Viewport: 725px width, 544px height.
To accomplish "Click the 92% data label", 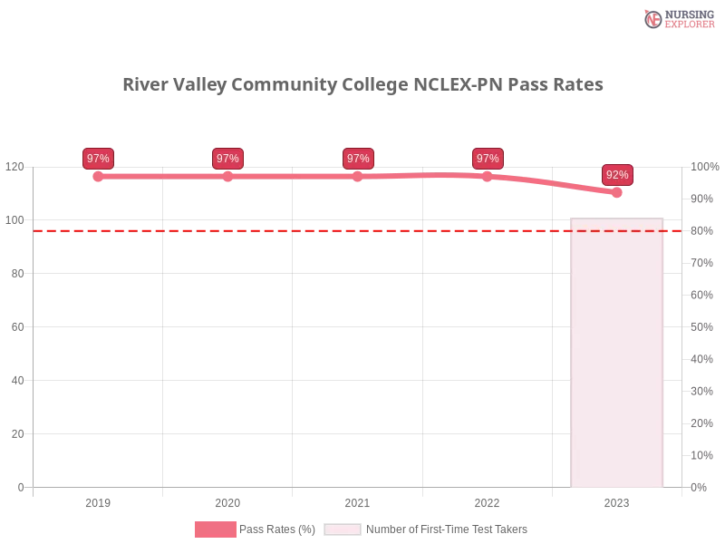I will point(617,174).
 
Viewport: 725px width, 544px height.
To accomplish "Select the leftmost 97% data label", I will point(98,159).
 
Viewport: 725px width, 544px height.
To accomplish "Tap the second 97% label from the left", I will point(227,159).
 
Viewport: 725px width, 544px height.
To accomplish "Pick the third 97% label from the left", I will point(358,159).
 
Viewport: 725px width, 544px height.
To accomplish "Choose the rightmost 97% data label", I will point(488,159).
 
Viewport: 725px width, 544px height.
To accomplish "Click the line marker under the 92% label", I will point(617,192).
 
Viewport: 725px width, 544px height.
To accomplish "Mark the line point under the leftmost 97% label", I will point(98,176).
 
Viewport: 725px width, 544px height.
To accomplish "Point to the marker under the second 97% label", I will point(227,176).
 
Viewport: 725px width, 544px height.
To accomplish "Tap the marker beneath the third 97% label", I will point(358,176).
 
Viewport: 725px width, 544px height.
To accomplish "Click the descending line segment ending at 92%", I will point(553,184).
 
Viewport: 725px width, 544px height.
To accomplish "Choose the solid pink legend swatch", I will point(215,529).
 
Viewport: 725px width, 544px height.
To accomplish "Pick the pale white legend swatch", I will point(343,529).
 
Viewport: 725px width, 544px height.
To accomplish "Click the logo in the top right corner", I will point(677,18).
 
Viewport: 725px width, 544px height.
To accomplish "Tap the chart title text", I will point(365,85).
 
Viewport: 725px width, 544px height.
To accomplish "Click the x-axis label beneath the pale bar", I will point(617,500).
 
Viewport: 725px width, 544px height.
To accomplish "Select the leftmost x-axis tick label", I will point(98,500).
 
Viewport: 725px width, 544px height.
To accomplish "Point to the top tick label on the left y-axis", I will point(15,167).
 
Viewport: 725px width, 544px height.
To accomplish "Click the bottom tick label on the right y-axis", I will point(700,486).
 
